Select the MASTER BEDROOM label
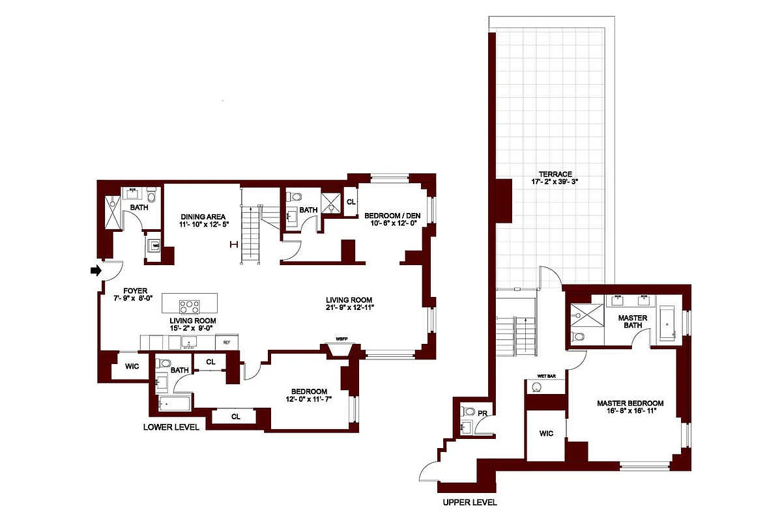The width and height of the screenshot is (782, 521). pos(630,403)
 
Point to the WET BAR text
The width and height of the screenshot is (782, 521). pos(545,376)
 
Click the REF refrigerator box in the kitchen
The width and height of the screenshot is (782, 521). pos(227,342)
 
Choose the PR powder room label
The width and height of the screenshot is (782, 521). pos(482,413)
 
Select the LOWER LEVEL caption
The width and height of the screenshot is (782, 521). pos(171,427)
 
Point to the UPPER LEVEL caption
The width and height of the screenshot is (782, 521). pos(469,502)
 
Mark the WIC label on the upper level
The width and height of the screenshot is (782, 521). pos(546,434)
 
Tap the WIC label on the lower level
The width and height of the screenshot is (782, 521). pos(132,367)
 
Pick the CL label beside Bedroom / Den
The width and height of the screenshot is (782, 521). pos(351,202)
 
